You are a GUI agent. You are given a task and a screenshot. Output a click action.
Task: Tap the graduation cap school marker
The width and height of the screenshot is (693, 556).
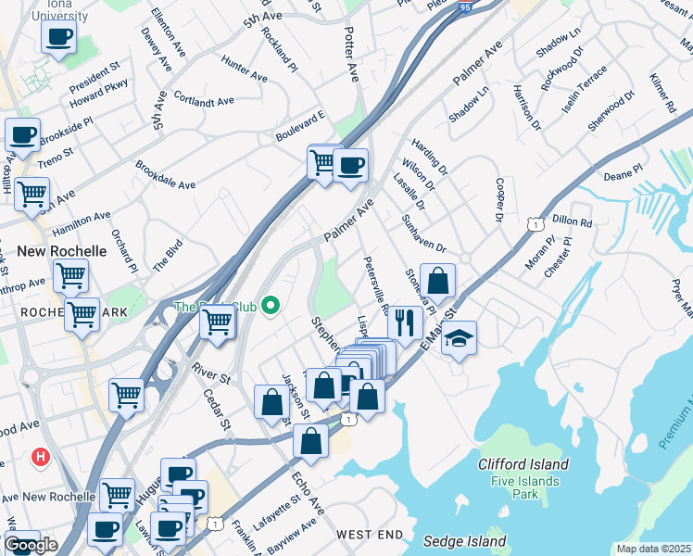tap(459, 339)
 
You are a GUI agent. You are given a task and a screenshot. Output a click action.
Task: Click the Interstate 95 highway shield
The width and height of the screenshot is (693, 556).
tap(463, 6)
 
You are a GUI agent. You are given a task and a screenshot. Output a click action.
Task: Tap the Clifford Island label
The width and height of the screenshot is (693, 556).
tap(523, 464)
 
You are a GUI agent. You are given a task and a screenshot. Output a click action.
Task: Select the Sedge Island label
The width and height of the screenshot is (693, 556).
tap(465, 541)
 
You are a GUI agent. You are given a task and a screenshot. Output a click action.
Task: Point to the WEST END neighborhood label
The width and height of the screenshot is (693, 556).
tap(370, 535)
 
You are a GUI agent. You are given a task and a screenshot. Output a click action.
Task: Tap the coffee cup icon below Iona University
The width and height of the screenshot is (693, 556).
tap(58, 38)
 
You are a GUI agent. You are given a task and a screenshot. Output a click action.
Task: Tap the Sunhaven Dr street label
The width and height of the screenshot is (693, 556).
tap(423, 234)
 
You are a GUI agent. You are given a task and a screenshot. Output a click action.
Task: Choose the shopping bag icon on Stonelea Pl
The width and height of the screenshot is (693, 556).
tap(438, 281)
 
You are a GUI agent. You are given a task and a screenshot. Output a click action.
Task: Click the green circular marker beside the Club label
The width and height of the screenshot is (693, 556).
tap(271, 304)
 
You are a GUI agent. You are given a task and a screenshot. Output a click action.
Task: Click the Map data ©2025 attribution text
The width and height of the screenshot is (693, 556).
tap(654, 549)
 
